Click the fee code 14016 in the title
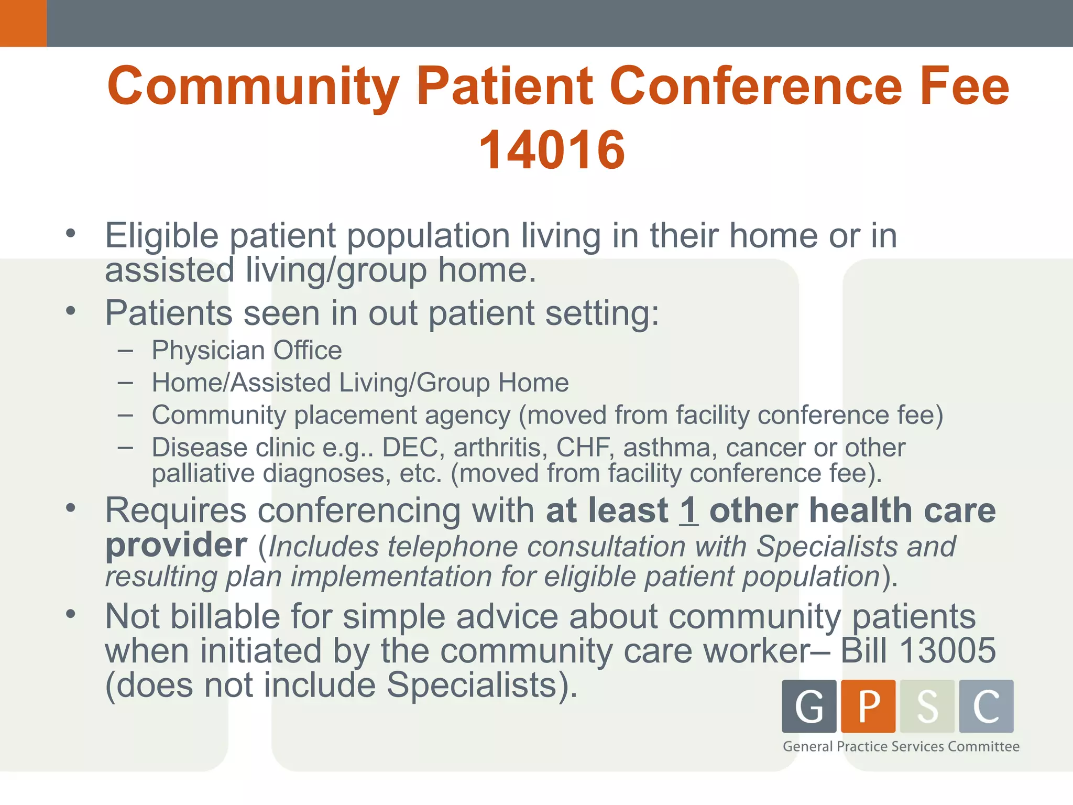click(552, 150)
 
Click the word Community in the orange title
click(254, 86)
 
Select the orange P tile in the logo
click(868, 706)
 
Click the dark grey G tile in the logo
click(809, 706)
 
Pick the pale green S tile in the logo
click(927, 706)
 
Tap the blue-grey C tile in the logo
click(986, 706)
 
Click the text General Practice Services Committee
click(901, 746)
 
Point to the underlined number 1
click(688, 510)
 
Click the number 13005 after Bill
click(947, 650)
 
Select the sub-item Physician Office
click(246, 350)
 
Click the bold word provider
click(176, 546)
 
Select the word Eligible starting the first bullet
click(161, 235)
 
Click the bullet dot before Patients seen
click(71, 311)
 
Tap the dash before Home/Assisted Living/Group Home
click(125, 383)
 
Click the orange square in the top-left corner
click(23, 23)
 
